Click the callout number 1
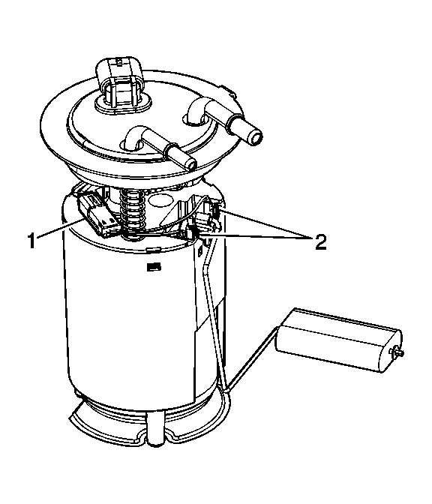coord(31,241)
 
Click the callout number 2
coord(320,242)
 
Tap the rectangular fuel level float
coord(339,340)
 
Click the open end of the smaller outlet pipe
coord(191,164)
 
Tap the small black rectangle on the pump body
coord(154,266)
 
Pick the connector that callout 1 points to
coord(97,214)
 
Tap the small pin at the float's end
coord(397,352)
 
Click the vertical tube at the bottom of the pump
coord(155,429)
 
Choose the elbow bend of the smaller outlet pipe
coord(134,136)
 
